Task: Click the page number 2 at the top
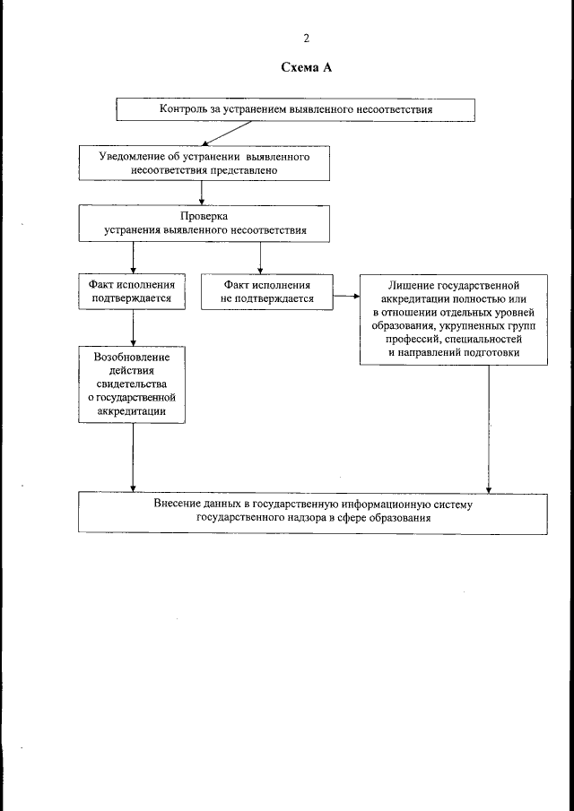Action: [306, 39]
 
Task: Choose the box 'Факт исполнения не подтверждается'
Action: [267, 290]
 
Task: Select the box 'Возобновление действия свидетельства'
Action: [132, 384]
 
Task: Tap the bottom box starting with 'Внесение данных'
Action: [312, 512]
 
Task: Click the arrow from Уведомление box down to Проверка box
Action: [203, 191]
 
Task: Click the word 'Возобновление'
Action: [132, 357]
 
